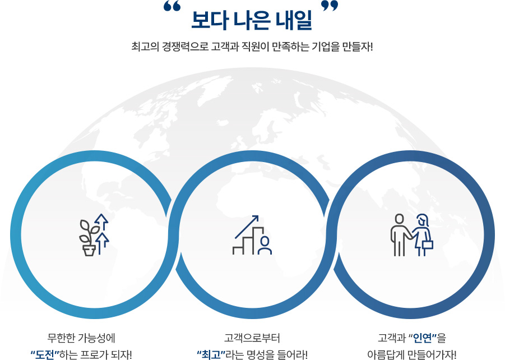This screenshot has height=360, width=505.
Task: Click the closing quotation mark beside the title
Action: [x=330, y=6]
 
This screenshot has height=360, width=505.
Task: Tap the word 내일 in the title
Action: [x=294, y=20]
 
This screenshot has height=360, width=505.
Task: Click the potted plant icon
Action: [x=89, y=238]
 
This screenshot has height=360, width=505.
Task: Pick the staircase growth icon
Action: [x=252, y=234]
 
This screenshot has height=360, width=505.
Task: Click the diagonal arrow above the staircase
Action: [x=247, y=227]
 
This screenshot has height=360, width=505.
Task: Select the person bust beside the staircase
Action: [x=265, y=245]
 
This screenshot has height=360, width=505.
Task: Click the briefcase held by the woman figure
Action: [x=428, y=244]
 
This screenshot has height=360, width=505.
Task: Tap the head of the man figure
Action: [x=400, y=219]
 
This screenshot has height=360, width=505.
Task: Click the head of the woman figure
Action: [x=422, y=220]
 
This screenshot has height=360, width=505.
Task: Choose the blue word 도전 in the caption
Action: [x=45, y=355]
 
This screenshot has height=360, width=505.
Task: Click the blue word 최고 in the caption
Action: [x=211, y=355]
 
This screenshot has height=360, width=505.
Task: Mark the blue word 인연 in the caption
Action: [x=422, y=338]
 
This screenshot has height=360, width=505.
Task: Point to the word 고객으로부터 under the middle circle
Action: [x=252, y=338]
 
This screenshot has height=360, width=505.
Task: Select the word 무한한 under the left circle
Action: [x=61, y=338]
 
